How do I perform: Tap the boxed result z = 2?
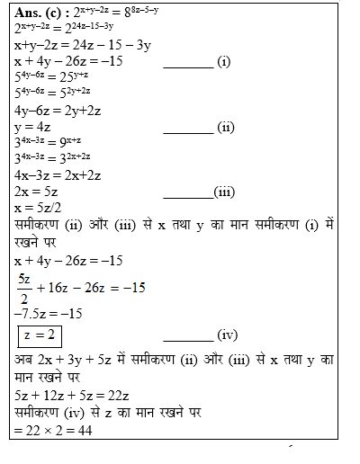(x=39, y=335)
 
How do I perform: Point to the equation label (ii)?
(x=225, y=127)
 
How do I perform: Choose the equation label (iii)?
(x=224, y=192)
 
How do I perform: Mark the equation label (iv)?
(x=225, y=335)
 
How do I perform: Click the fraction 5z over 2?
(x=24, y=289)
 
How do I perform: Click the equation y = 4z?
(x=35, y=127)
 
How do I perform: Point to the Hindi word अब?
(x=23, y=360)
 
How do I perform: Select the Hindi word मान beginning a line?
(x=28, y=377)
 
